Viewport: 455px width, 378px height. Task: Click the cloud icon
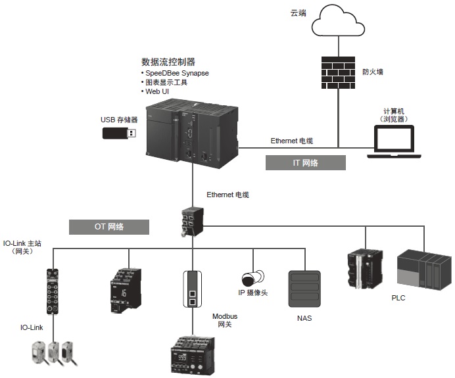[339, 22]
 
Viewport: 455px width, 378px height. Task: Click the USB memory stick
[120, 133]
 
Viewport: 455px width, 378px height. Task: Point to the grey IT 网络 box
[305, 162]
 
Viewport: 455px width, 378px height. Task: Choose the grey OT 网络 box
[108, 227]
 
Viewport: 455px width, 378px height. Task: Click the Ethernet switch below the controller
[193, 220]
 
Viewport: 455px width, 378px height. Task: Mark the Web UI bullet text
[156, 91]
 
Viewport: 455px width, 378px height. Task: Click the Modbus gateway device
[193, 289]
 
